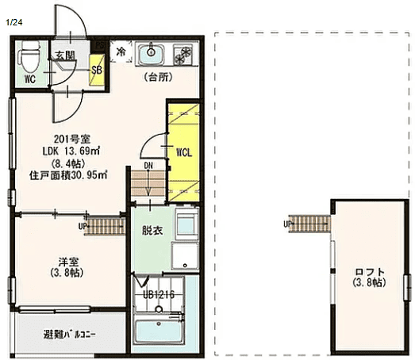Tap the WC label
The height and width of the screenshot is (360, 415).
30,79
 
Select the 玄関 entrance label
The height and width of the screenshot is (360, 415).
65,56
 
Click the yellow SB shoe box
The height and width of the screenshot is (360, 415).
97,70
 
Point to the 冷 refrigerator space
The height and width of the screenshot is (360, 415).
121,52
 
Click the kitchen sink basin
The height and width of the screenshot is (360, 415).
151,55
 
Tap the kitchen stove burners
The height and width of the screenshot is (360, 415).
183,55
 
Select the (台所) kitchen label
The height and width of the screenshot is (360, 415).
159,77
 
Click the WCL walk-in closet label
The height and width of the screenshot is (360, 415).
184,152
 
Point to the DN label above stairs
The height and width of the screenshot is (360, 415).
148,166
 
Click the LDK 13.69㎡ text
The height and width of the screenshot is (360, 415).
71,151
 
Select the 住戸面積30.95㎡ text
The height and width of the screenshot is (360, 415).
68,175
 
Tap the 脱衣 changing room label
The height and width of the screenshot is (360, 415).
152,231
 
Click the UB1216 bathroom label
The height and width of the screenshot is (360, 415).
159,294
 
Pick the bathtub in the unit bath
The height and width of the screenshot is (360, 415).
159,331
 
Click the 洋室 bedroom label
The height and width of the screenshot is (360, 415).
68,262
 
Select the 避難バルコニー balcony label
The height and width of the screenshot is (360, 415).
70,335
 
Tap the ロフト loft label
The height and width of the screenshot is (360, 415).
370,272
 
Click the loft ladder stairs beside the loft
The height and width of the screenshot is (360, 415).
309,224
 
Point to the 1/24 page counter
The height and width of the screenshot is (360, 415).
14,22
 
